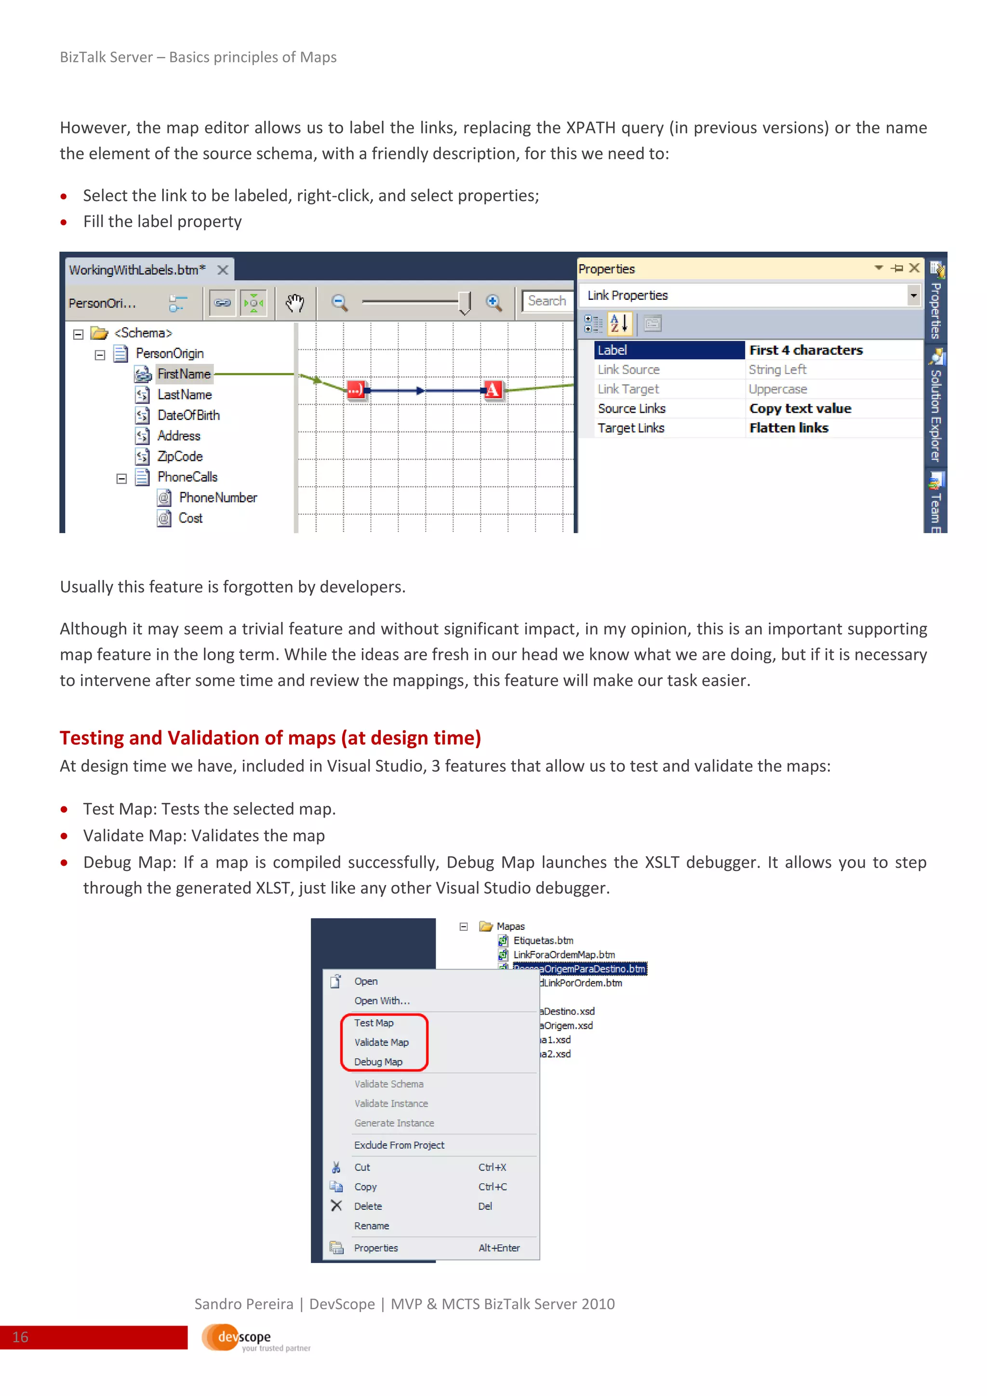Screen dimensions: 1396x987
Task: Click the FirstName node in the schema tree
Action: click(184, 374)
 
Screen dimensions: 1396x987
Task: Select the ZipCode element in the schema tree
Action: click(179, 456)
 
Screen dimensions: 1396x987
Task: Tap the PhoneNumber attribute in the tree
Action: click(217, 497)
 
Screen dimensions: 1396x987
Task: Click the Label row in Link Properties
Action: click(668, 350)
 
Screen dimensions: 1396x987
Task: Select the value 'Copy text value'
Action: click(800, 409)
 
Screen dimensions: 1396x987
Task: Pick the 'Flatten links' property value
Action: click(788, 428)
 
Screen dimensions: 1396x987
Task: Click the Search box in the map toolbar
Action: click(547, 301)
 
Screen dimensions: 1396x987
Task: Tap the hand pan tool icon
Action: click(295, 302)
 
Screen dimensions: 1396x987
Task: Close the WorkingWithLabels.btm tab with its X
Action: click(223, 270)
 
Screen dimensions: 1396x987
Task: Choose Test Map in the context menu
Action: click(374, 1023)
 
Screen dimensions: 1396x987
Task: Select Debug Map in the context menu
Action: click(378, 1061)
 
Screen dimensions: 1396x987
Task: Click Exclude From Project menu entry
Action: click(400, 1145)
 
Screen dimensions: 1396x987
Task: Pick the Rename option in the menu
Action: click(372, 1226)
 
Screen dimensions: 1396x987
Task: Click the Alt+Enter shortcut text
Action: click(499, 1248)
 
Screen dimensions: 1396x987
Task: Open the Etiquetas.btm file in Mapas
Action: click(543, 940)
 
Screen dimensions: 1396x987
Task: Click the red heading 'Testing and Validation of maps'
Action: click(270, 738)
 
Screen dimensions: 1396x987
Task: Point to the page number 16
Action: click(20, 1337)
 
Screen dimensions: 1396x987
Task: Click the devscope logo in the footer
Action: click(243, 1337)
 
